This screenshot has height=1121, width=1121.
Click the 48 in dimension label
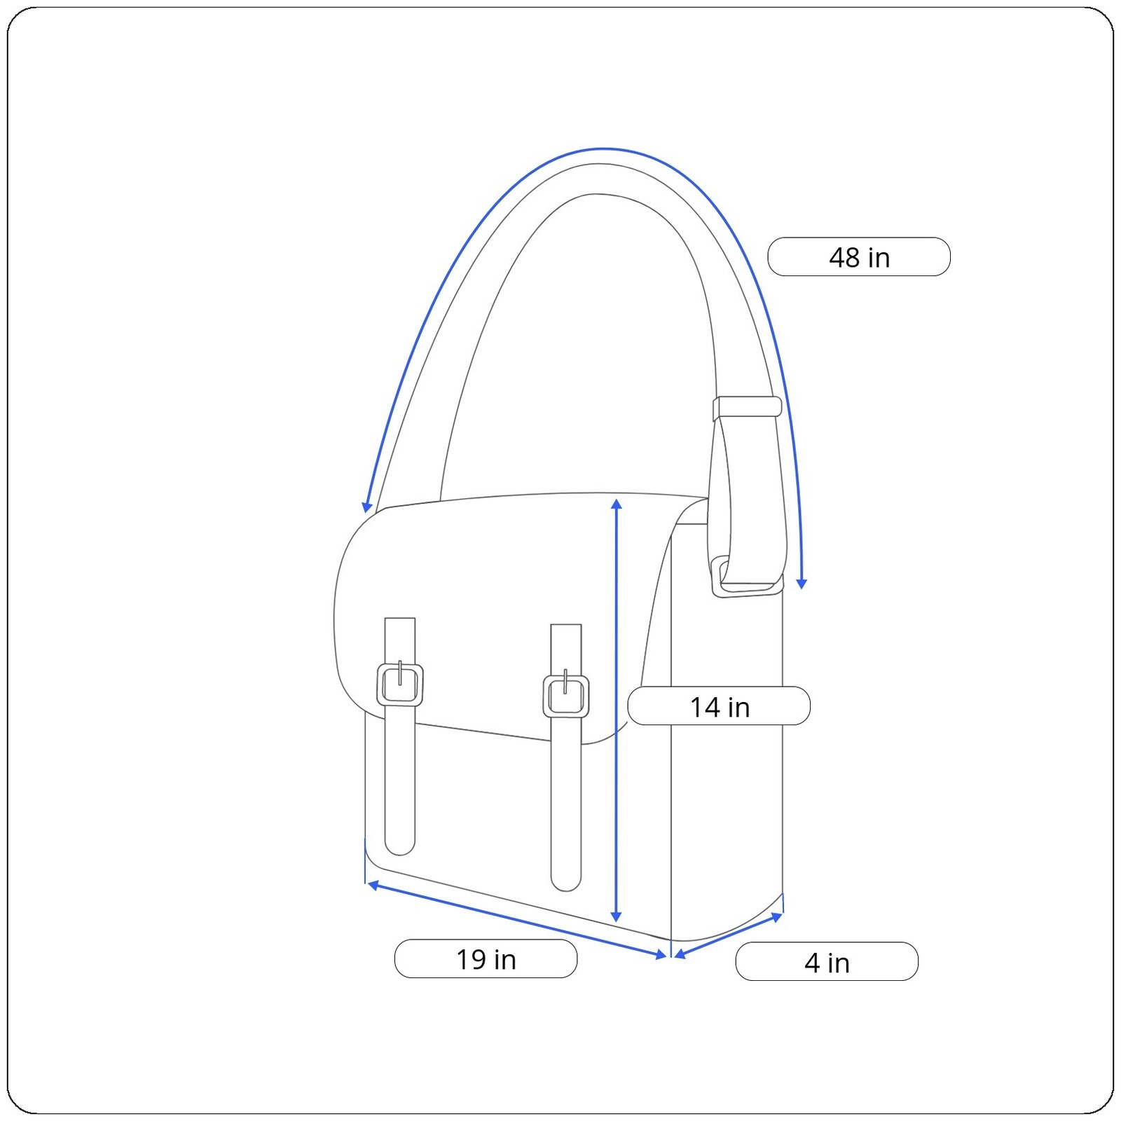[x=859, y=257]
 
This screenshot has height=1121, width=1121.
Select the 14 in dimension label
[x=719, y=706]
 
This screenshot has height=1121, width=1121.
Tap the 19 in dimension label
[x=486, y=959]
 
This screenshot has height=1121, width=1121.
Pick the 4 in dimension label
[x=827, y=962]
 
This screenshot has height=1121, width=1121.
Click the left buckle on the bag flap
[x=400, y=684]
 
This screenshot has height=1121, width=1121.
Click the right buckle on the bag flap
[x=566, y=695]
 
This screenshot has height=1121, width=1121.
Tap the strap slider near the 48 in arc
[x=747, y=407]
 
